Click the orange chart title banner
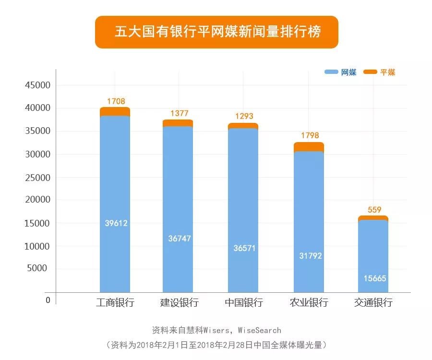pyautogui.click(x=216, y=32)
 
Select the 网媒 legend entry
pyautogui.click(x=341, y=72)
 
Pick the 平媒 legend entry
pyautogui.click(x=380, y=72)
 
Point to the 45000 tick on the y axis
pyautogui.click(x=37, y=85)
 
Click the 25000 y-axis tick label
pyautogui.click(x=37, y=178)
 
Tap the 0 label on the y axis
pyautogui.click(x=48, y=300)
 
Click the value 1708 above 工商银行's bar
pyautogui.click(x=116, y=101)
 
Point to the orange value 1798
pyautogui.click(x=309, y=135)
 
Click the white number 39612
pyautogui.click(x=116, y=223)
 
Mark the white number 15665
pyautogui.click(x=374, y=278)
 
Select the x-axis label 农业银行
pyautogui.click(x=309, y=303)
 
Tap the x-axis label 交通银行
pyautogui.click(x=373, y=303)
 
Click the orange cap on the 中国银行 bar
pyautogui.click(x=243, y=126)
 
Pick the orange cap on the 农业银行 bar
pyautogui.click(x=309, y=146)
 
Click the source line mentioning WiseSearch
pyautogui.click(x=216, y=330)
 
